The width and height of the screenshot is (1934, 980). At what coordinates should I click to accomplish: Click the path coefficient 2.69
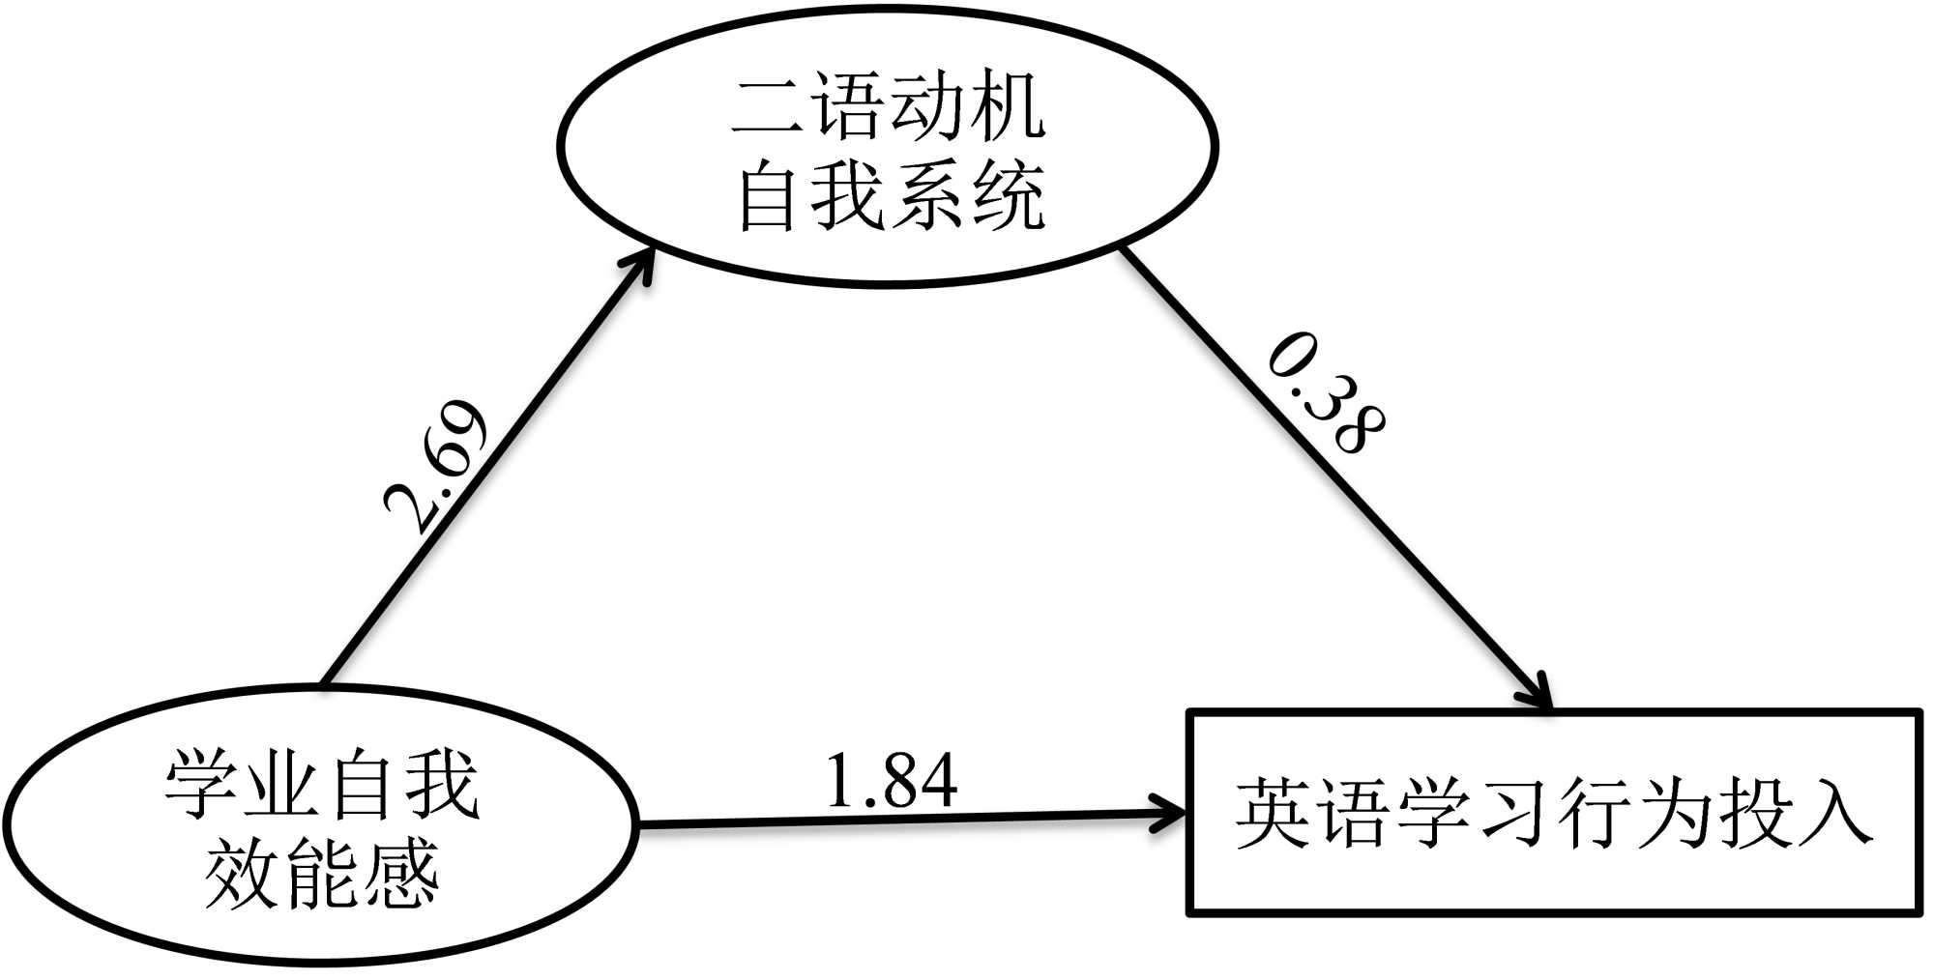pyautogui.click(x=435, y=464)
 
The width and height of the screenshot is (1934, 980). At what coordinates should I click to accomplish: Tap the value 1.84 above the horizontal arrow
pyautogui.click(x=891, y=781)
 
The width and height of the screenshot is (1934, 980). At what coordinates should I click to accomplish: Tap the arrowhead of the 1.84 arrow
pyautogui.click(x=1170, y=815)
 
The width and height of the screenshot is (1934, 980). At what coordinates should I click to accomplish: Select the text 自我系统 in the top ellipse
pyautogui.click(x=890, y=196)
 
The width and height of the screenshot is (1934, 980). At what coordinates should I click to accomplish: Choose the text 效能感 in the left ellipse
pyautogui.click(x=321, y=872)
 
